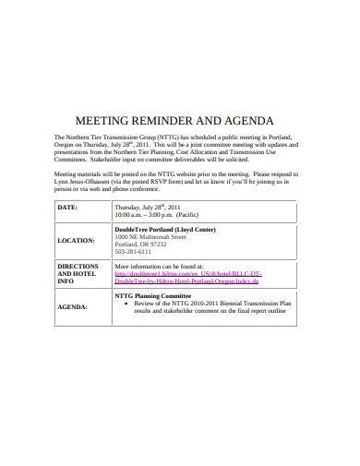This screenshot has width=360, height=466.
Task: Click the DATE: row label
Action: click(68, 208)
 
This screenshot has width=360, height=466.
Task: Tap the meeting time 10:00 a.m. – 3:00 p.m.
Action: click(152, 214)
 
